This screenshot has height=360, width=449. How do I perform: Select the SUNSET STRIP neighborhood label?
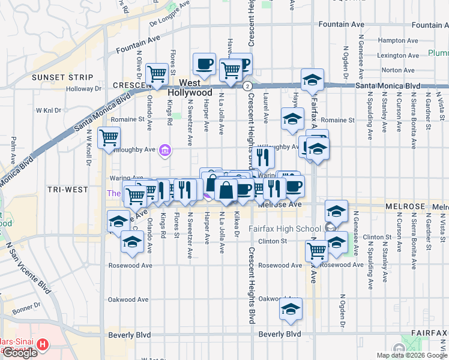tap(62, 77)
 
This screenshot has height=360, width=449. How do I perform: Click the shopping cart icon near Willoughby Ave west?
tap(109, 138)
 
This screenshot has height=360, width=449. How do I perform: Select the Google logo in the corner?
tap(20, 353)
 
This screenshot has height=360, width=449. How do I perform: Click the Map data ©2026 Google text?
tap(412, 355)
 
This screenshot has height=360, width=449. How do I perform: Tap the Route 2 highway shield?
tap(247, 86)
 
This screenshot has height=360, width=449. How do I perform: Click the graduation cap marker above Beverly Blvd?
tap(291, 309)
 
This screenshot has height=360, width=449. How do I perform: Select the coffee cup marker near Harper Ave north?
tap(204, 63)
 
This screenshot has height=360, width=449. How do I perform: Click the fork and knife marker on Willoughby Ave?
tap(263, 157)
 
